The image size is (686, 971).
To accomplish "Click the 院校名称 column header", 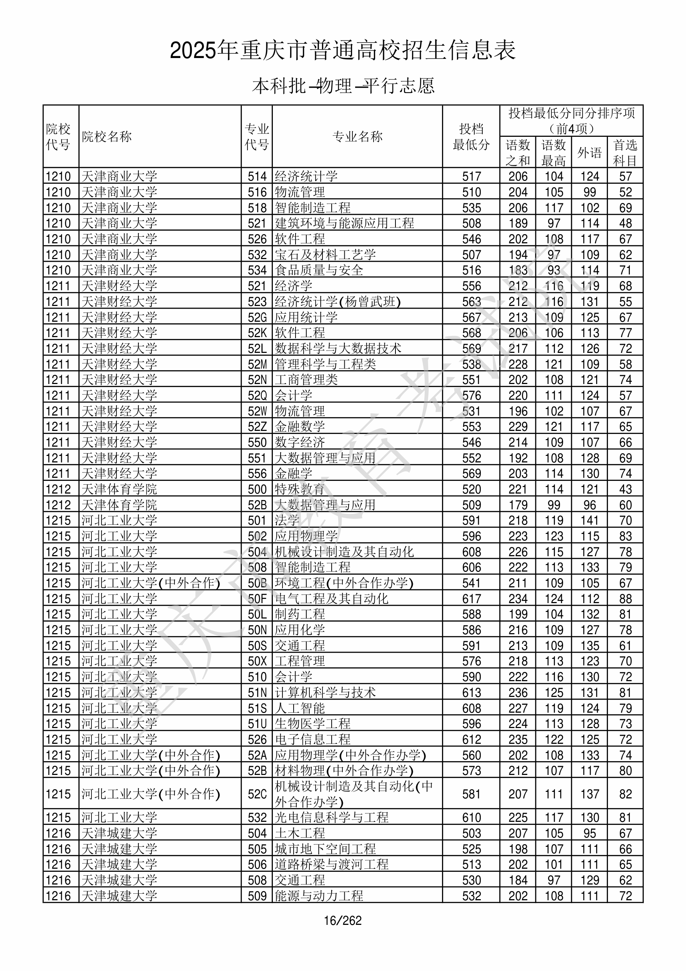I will click(107, 136).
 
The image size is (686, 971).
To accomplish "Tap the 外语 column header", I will click(589, 152).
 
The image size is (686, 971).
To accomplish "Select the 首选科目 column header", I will click(625, 152).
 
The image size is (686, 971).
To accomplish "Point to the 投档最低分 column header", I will click(471, 136).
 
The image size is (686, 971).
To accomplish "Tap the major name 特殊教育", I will click(299, 489).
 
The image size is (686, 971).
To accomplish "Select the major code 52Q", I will click(257, 396).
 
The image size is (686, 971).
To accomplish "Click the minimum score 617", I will click(471, 599).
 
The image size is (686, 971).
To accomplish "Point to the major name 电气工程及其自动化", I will click(331, 599).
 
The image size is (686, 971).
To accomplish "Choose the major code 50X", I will click(257, 661).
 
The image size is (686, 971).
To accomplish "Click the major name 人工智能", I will click(299, 708).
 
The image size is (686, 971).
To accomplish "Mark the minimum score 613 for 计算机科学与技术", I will click(471, 692).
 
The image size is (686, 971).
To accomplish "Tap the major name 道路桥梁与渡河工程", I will click(331, 865).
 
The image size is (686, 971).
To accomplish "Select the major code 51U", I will click(257, 723).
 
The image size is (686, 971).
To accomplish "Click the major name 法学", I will click(287, 520).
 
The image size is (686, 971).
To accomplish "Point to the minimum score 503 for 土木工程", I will click(471, 833).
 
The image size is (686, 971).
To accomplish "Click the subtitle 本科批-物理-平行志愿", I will click(343, 86).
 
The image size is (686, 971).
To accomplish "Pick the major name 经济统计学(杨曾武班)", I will click(337, 301).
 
